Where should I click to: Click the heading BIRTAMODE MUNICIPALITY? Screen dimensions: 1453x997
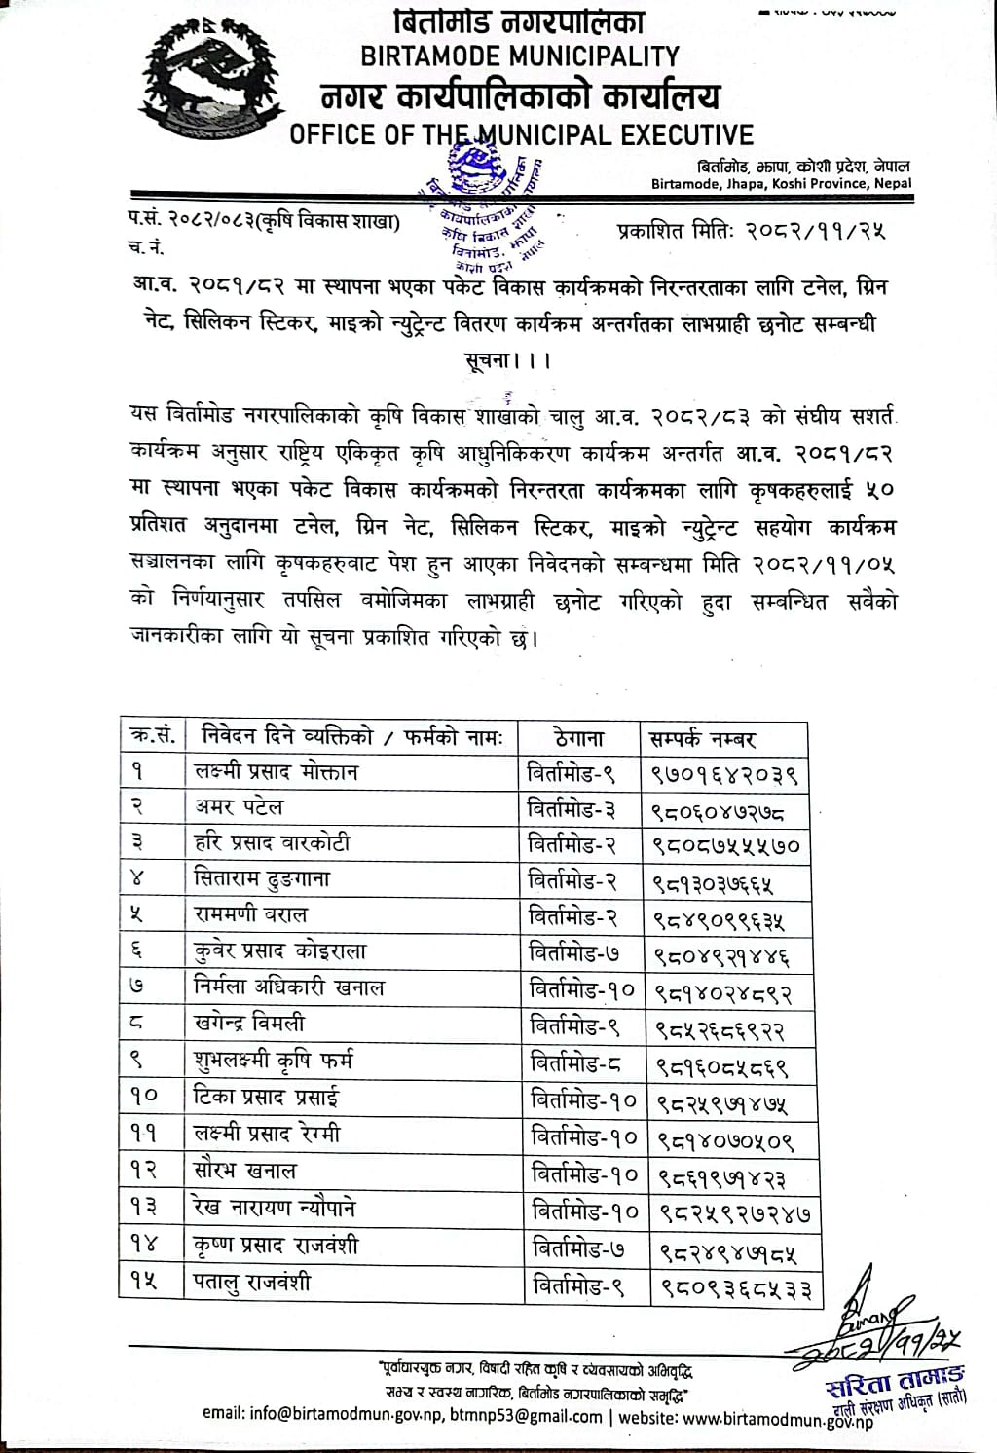pyautogui.click(x=520, y=56)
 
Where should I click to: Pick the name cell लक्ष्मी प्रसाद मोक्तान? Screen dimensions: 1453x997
pyautogui.click(x=277, y=772)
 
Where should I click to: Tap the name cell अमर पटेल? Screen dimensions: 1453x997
pyautogui.click(x=240, y=808)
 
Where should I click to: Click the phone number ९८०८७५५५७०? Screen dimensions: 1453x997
pyautogui.click(x=725, y=846)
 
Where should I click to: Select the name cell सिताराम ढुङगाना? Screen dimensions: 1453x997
pyautogui.click(x=263, y=880)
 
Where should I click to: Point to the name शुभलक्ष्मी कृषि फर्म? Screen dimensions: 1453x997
pyautogui.click(x=274, y=1061)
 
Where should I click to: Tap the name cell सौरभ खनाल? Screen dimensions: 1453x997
pyautogui.click(x=245, y=1171)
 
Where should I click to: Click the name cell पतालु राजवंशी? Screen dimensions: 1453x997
pyautogui.click(x=253, y=1281)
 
